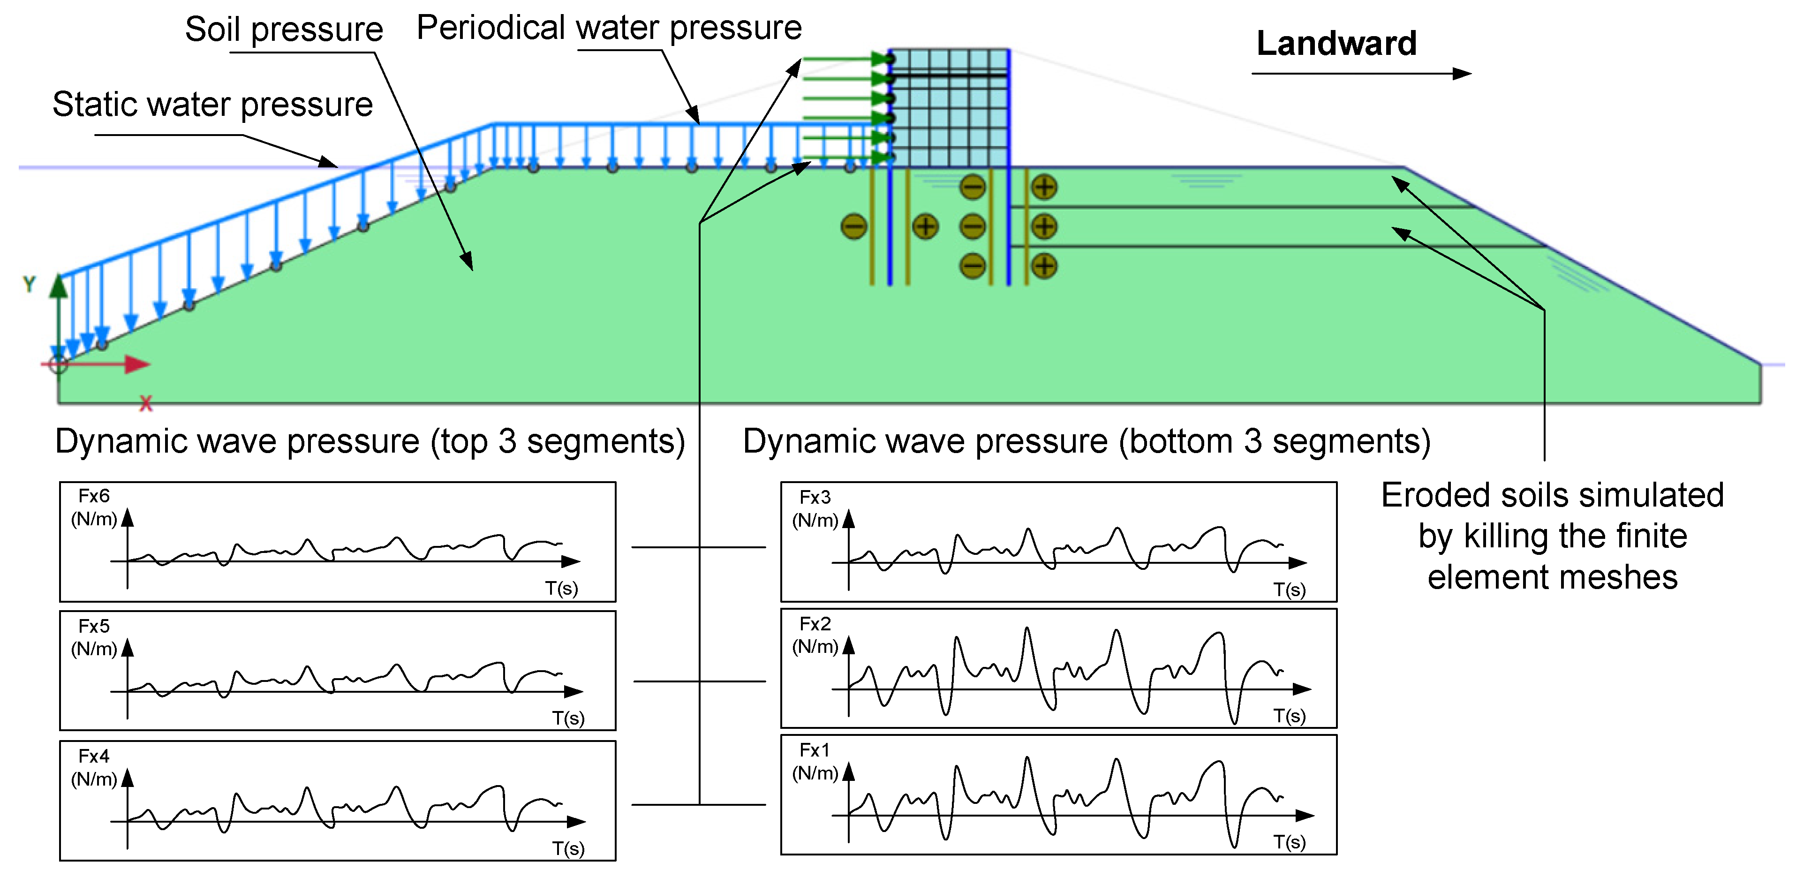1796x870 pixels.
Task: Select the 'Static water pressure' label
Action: point(212,105)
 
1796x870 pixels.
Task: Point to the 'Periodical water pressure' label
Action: point(609,28)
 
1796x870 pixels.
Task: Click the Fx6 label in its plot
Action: point(94,496)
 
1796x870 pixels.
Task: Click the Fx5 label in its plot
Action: point(94,626)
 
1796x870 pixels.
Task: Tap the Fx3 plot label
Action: point(815,497)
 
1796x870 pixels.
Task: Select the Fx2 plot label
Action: point(815,623)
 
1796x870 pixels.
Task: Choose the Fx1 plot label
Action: point(815,750)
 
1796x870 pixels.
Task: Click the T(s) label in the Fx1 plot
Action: point(1290,842)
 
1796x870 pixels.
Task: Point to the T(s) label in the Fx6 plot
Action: point(561,589)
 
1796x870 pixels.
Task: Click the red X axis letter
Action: point(146,404)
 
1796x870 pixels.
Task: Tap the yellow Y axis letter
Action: point(29,284)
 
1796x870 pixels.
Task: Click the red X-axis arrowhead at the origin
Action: point(137,364)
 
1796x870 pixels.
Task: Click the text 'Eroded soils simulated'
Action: point(1553,496)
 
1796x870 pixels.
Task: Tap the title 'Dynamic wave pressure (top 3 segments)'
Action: point(370,442)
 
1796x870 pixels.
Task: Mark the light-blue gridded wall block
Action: point(950,108)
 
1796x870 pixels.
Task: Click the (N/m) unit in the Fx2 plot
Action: point(815,646)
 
